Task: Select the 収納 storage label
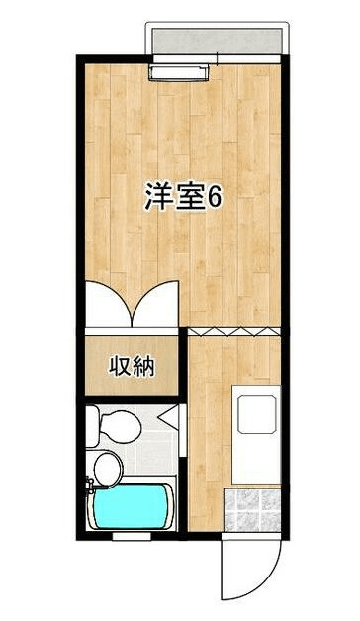132,366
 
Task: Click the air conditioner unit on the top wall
179,72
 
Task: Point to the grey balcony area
217,41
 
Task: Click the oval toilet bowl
121,426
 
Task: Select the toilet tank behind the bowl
92,426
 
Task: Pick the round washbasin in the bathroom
108,470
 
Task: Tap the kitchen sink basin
256,414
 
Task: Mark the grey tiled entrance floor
252,510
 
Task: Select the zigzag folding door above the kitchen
234,332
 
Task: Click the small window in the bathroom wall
132,537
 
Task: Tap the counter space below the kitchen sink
256,460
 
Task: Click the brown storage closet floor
132,365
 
